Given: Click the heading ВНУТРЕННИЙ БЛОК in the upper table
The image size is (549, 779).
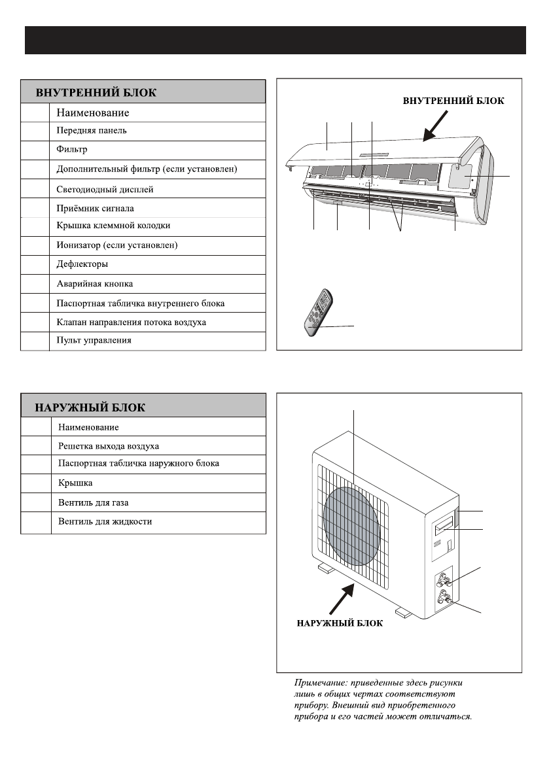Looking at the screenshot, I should click(96, 92).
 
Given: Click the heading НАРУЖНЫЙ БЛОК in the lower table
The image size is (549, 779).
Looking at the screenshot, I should click(90, 407).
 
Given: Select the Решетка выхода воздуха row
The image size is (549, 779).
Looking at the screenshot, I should click(109, 446).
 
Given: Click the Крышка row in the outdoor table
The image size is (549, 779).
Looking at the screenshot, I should click(75, 483).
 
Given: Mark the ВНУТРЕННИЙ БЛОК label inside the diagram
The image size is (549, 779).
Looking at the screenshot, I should click(453, 101).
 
